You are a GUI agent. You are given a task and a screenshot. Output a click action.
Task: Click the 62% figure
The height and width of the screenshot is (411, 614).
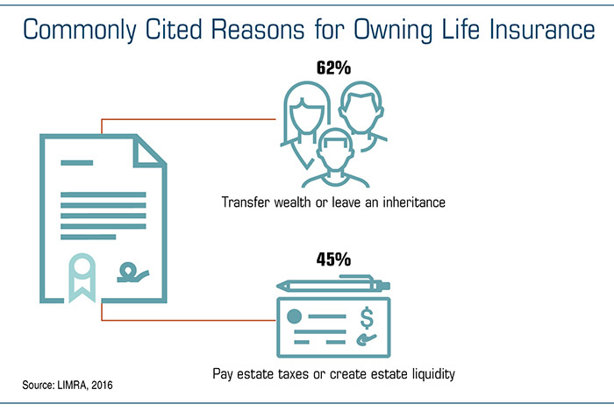[333, 67]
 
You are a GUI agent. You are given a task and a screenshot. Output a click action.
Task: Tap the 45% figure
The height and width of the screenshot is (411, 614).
[333, 259]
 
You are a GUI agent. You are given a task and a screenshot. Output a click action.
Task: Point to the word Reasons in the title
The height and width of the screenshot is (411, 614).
[258, 29]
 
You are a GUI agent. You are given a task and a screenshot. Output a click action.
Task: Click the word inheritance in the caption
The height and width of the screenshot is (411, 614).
[414, 202]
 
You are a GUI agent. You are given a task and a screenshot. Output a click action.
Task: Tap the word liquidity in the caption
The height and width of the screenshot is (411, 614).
[433, 374]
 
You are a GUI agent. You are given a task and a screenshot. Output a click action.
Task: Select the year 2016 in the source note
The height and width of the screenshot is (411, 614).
[103, 386]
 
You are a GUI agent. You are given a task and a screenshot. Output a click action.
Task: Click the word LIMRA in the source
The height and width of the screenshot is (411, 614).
[73, 386]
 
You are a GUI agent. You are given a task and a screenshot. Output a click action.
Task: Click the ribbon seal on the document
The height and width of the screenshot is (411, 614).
[82, 277]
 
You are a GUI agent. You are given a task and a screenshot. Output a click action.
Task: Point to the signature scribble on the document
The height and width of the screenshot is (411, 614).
[133, 273]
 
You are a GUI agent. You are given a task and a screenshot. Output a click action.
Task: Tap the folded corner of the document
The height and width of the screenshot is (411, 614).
[149, 152]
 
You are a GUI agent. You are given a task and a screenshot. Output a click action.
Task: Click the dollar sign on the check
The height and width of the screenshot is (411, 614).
[367, 318]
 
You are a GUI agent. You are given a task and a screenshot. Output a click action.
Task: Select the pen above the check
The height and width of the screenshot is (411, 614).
[333, 284]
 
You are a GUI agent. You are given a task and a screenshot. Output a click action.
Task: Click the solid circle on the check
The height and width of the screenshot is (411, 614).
[294, 316]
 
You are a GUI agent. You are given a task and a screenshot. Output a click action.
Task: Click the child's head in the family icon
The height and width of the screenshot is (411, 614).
[335, 149]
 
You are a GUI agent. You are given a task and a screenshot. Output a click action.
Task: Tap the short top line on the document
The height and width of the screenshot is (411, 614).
[77, 163]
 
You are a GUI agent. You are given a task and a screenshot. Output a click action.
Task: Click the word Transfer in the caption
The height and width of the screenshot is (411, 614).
[246, 202]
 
